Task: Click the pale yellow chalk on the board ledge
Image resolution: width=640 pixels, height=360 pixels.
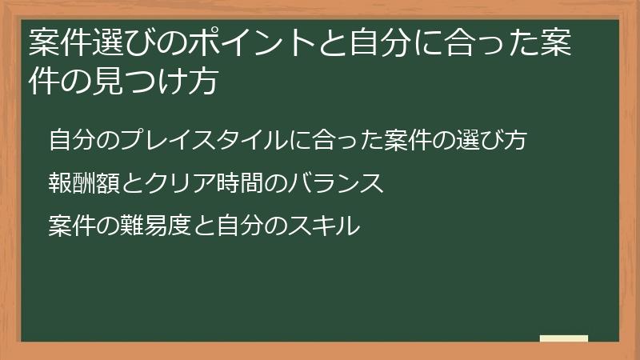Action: pyautogui.click(x=564, y=338)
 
